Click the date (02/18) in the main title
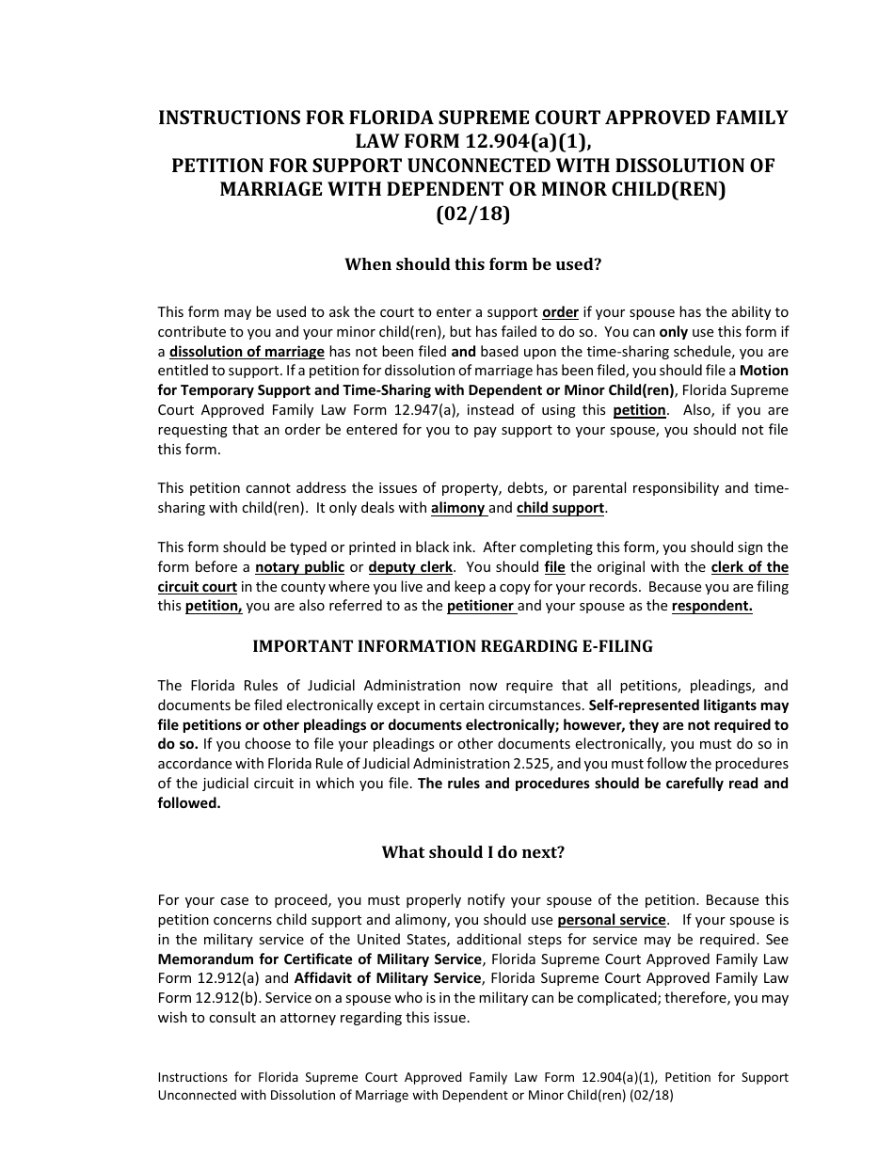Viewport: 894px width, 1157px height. pyautogui.click(x=472, y=213)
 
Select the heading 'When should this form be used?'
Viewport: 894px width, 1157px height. pyautogui.click(x=472, y=264)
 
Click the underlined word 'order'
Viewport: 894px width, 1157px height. pyautogui.click(x=561, y=311)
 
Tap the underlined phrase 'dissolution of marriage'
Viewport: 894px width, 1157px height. pyautogui.click(x=247, y=351)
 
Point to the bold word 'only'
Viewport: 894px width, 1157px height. pyautogui.click(x=673, y=331)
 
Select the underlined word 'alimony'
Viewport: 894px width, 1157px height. pyautogui.click(x=457, y=508)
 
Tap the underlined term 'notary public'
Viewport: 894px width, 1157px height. pyautogui.click(x=300, y=567)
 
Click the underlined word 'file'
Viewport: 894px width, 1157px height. pyautogui.click(x=554, y=567)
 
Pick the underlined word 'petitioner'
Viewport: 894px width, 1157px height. pyautogui.click(x=481, y=607)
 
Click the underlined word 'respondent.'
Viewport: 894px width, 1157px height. pyautogui.click(x=711, y=607)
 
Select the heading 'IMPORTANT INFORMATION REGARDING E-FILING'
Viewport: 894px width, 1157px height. pyautogui.click(x=453, y=647)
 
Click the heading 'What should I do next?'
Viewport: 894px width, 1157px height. pyautogui.click(x=472, y=853)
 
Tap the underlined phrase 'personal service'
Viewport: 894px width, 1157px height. pyautogui.click(x=612, y=920)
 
